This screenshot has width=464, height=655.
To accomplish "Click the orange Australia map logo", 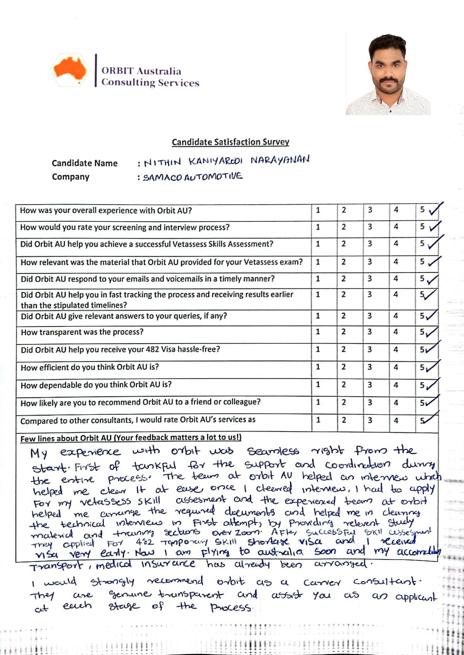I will pyautogui.click(x=70, y=70).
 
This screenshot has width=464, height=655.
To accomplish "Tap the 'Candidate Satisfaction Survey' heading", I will pyautogui.click(x=230, y=142).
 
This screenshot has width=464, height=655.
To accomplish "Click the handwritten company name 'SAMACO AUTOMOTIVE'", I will pyautogui.click(x=193, y=177).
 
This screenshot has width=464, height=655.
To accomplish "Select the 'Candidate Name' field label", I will pyautogui.click(x=85, y=163).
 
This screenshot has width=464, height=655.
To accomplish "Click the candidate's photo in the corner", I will pyautogui.click(x=388, y=74).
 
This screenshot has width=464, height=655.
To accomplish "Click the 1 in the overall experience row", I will pyautogui.click(x=318, y=211).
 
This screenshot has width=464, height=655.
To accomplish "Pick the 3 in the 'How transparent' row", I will pyautogui.click(x=370, y=332).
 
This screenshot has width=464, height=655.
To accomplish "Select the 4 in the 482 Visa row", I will pyautogui.click(x=396, y=349).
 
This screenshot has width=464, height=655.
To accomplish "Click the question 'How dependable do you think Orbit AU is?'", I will pyautogui.click(x=96, y=385).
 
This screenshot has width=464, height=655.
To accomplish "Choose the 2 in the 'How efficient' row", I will pyautogui.click(x=344, y=367).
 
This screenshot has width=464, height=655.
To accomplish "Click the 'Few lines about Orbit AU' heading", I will pyautogui.click(x=131, y=438).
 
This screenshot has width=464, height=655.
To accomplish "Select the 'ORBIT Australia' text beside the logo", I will pyautogui.click(x=141, y=71).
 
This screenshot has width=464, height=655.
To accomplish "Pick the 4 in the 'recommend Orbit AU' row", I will pyautogui.click(x=396, y=403).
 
